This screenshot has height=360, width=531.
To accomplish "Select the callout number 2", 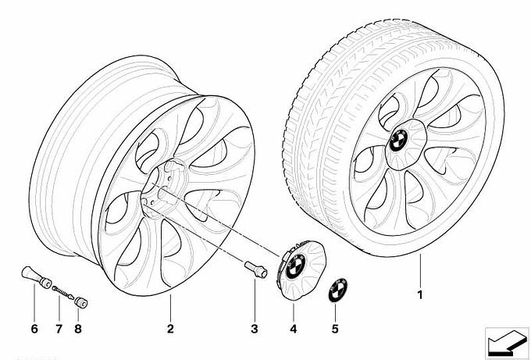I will (170, 329).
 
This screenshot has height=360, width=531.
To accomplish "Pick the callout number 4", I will (294, 329).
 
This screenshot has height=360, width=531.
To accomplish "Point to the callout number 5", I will (334, 329).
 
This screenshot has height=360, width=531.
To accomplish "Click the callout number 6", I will (34, 329).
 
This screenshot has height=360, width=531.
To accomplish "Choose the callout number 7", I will (57, 329).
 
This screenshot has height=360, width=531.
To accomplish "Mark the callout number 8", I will (78, 329).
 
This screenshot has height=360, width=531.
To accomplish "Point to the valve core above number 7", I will (61, 292).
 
